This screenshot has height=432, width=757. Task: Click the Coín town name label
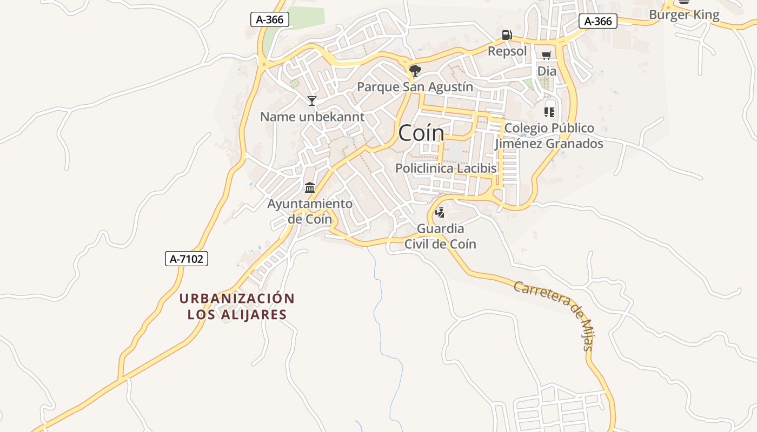[x=421, y=133]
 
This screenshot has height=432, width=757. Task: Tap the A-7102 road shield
[x=187, y=259]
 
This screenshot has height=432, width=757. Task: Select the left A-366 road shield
[x=270, y=20]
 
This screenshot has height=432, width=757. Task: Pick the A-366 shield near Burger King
[x=598, y=21]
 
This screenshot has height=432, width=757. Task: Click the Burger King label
[x=684, y=15]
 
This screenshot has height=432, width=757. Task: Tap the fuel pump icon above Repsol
[x=507, y=35]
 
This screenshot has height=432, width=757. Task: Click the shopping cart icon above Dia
[x=546, y=55]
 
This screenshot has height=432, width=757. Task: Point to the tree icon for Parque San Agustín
[x=415, y=70]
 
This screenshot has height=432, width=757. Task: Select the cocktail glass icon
[x=312, y=100]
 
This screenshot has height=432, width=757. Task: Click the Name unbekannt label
[x=313, y=117]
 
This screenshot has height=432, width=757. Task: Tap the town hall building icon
[x=310, y=187]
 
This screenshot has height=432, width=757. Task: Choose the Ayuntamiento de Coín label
[x=310, y=211]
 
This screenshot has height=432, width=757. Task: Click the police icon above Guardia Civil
[x=440, y=212]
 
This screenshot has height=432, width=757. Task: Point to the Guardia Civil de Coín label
[x=440, y=236]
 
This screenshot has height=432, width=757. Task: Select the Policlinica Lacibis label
[x=446, y=168]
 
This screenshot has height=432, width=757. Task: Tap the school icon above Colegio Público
[x=549, y=112]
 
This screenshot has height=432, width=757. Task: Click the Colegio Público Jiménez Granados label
[x=549, y=136]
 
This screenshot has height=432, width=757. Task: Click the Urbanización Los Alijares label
[x=237, y=306]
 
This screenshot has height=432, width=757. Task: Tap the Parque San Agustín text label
[x=415, y=87]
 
